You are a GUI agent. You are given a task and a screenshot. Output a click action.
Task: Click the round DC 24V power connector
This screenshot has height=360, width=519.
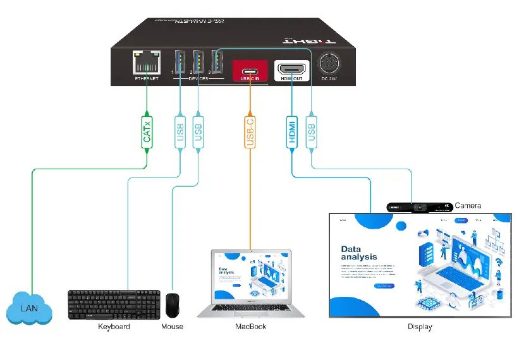[x=330, y=65]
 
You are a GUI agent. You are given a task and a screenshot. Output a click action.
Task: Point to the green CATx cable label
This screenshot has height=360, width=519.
[x=147, y=131]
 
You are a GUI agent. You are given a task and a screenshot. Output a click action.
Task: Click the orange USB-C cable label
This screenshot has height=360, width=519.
[x=250, y=131]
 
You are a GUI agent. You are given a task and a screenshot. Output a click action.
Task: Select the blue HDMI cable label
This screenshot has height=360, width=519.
[x=292, y=131]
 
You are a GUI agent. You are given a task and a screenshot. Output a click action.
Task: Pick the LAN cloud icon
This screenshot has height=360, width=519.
[x=28, y=309]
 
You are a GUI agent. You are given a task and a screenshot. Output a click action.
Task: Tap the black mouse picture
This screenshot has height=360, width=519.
[x=172, y=306]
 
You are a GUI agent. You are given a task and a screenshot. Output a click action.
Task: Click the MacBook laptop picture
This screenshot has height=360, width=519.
[x=251, y=284]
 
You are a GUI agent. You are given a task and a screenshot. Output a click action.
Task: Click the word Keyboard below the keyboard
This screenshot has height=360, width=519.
[x=114, y=327]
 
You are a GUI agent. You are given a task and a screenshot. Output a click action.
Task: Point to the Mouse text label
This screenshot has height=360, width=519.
[x=172, y=327]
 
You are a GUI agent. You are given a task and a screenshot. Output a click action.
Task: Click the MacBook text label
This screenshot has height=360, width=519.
[x=250, y=327]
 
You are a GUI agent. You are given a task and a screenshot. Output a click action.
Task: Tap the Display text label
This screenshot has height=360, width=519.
[x=420, y=327]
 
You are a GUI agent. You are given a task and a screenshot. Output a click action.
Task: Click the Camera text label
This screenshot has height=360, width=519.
[x=468, y=206]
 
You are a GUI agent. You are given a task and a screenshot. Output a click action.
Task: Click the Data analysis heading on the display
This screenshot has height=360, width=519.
[x=359, y=253]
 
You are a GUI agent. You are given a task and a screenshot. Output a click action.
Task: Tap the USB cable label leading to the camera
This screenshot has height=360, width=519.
[x=310, y=131]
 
